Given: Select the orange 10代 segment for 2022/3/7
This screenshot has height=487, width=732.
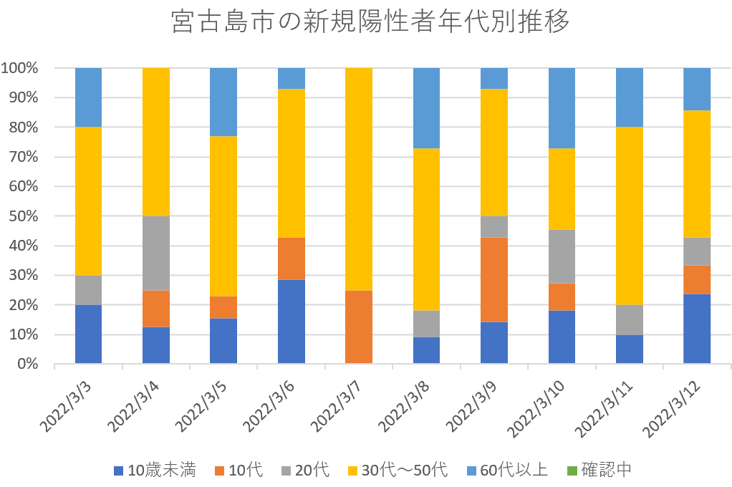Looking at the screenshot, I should coord(359,327).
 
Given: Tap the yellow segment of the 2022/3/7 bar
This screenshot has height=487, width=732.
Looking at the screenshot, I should coord(359,179).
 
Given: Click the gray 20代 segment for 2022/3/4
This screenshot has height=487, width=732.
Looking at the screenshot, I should coord(156,253).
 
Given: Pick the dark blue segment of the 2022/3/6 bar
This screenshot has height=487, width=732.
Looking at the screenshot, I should coord(292,322).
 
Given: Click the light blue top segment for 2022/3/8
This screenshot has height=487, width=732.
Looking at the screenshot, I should coord(427,108).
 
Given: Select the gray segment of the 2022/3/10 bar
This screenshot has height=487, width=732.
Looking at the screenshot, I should coord(562,256).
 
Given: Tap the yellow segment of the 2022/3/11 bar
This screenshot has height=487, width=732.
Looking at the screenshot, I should coord(630,216).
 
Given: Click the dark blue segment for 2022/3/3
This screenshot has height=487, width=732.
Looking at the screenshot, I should coord(88,334).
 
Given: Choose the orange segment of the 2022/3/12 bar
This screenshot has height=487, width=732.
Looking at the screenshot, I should coord(697,280).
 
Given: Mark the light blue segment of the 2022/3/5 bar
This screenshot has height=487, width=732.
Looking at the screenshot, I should coord(223,102).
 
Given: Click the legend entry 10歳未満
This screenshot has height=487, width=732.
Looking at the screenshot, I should coord(154,471).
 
